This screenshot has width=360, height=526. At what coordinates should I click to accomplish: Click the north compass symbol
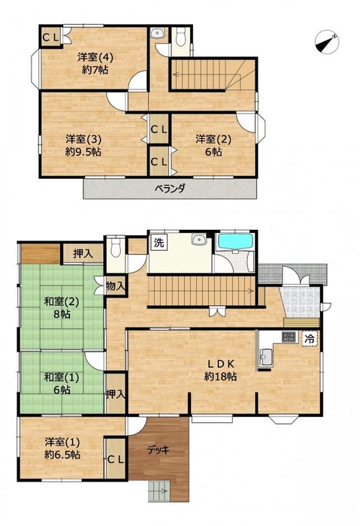[x=327, y=42]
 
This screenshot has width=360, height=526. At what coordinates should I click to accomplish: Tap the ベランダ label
[x=170, y=189]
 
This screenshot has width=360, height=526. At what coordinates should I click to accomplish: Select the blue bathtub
[x=235, y=241]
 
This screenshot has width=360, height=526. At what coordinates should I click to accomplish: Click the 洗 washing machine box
[x=159, y=242]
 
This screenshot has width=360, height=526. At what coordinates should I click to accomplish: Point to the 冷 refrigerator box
[x=310, y=338]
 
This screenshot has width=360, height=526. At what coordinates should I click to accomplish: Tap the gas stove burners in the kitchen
[x=289, y=337]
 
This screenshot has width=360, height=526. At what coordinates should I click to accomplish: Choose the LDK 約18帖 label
[x=220, y=370]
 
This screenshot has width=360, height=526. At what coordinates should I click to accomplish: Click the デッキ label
[x=159, y=450]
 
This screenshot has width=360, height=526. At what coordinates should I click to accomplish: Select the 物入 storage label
[x=116, y=286]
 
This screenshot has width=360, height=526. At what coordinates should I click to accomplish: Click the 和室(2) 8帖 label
[x=62, y=308]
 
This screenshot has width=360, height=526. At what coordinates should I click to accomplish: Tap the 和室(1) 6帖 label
[x=62, y=383]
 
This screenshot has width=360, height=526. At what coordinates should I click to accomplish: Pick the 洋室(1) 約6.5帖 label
[x=62, y=448]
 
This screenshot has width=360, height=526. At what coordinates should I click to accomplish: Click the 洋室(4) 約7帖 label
[x=95, y=63]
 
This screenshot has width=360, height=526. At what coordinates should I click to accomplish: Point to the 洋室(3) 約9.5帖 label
[x=83, y=145]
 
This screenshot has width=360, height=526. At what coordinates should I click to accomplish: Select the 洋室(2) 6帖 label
[x=213, y=145]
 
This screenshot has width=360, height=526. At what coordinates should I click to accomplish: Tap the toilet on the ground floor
[x=116, y=247]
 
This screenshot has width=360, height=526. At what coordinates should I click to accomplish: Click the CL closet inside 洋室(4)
[x=50, y=38]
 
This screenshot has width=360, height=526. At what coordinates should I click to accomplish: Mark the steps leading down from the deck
[x=159, y=491]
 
